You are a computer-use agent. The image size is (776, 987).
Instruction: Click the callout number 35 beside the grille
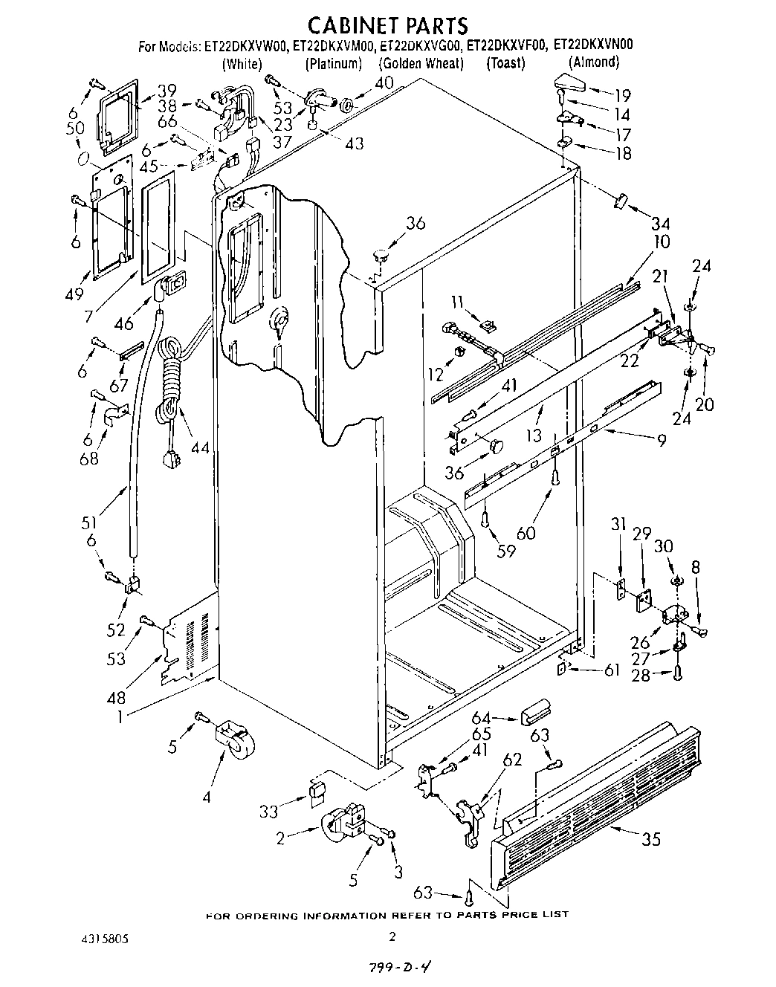(651, 841)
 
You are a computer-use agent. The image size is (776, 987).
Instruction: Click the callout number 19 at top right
(622, 94)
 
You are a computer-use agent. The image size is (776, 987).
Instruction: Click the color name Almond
(594, 62)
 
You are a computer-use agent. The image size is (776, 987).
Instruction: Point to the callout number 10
(661, 242)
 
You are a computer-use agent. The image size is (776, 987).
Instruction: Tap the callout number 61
(611, 670)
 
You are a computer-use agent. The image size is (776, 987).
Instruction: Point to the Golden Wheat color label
(421, 63)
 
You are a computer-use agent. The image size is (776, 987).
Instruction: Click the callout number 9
(660, 440)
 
